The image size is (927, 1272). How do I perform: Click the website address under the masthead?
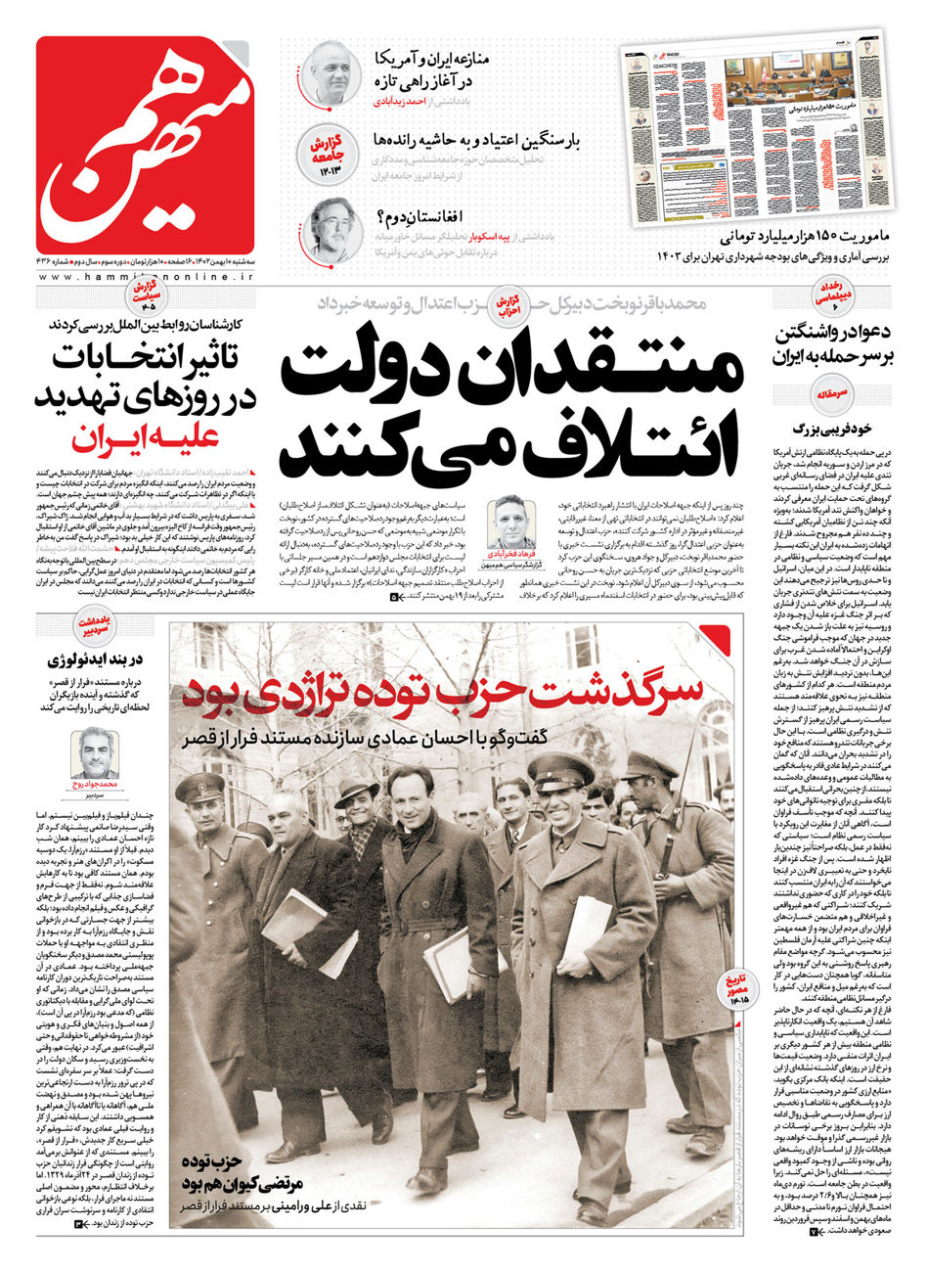tap(146, 278)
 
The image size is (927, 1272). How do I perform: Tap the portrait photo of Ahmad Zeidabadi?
tap(331, 73)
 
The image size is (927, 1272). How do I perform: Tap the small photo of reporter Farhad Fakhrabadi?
tap(512, 527)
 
